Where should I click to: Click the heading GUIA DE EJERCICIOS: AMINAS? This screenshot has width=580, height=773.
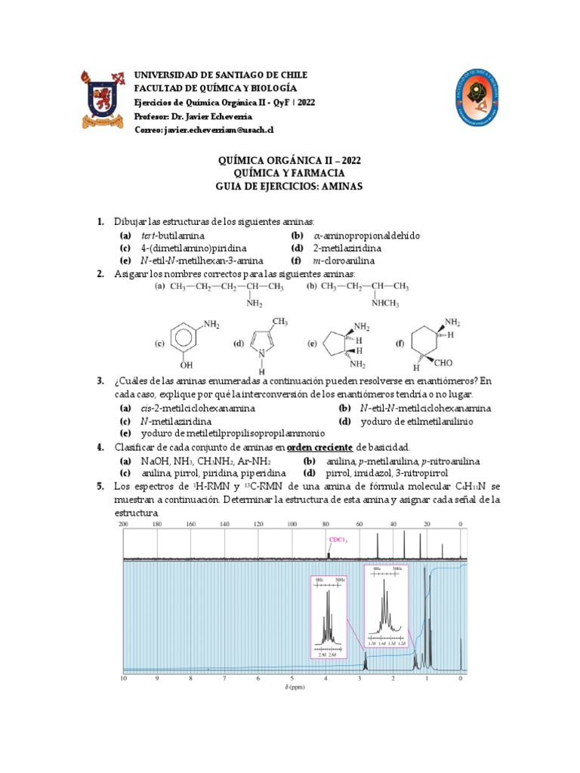289,186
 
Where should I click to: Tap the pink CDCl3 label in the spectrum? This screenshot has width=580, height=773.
337,540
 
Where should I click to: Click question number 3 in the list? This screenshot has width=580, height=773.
100,381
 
